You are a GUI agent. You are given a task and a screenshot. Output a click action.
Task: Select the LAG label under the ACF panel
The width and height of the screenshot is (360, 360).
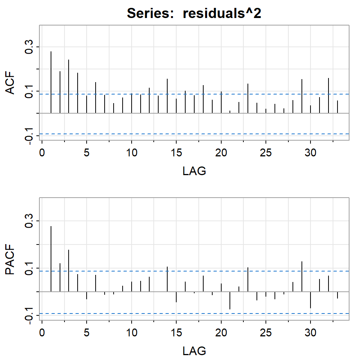194,171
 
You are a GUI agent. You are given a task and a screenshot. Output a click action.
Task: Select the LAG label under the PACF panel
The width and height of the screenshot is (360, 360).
194,351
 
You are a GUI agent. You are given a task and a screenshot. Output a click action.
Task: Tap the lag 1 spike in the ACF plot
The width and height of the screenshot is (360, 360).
51,82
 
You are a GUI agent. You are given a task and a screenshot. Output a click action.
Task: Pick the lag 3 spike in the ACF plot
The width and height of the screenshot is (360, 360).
69,86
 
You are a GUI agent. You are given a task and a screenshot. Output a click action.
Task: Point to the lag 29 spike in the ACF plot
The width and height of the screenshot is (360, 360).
301,96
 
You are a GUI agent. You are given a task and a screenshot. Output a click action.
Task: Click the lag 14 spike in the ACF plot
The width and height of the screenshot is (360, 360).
167,96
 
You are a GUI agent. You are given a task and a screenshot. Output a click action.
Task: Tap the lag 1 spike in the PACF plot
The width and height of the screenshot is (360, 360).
51,259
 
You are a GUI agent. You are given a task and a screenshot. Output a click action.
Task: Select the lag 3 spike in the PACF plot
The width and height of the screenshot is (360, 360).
69,270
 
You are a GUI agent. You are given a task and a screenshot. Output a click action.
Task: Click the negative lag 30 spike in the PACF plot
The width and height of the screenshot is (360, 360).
310,300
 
